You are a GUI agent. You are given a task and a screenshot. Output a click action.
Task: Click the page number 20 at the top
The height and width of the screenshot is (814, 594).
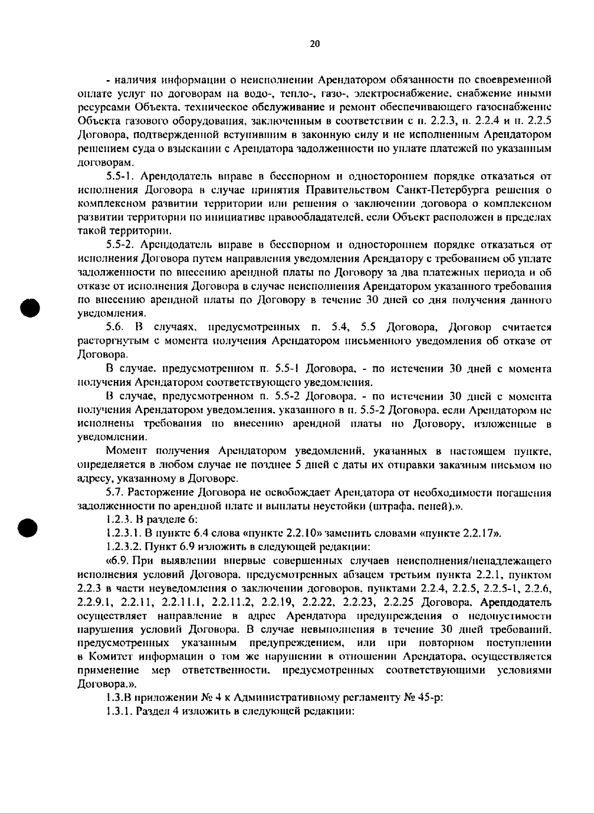(315, 44)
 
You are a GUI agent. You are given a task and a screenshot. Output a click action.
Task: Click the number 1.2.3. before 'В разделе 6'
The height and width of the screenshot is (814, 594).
(118, 520)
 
